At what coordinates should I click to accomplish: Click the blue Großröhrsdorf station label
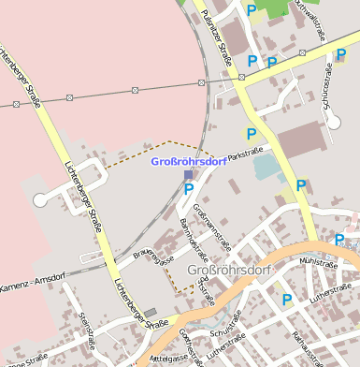pos(188,161)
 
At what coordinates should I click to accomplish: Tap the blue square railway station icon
pos(188,174)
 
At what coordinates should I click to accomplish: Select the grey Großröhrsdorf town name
pos(229,272)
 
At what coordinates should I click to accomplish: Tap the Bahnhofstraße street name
pos(194,238)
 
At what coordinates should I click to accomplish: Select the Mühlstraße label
pos(318,265)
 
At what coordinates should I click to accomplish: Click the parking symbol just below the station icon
pos(189,189)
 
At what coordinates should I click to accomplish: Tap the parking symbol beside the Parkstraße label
pos(251,134)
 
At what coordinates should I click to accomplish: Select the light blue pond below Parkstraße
pos(268,168)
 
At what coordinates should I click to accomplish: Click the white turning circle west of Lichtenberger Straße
pos(39,199)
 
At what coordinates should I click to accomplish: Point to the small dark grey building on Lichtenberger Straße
pos(151,312)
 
